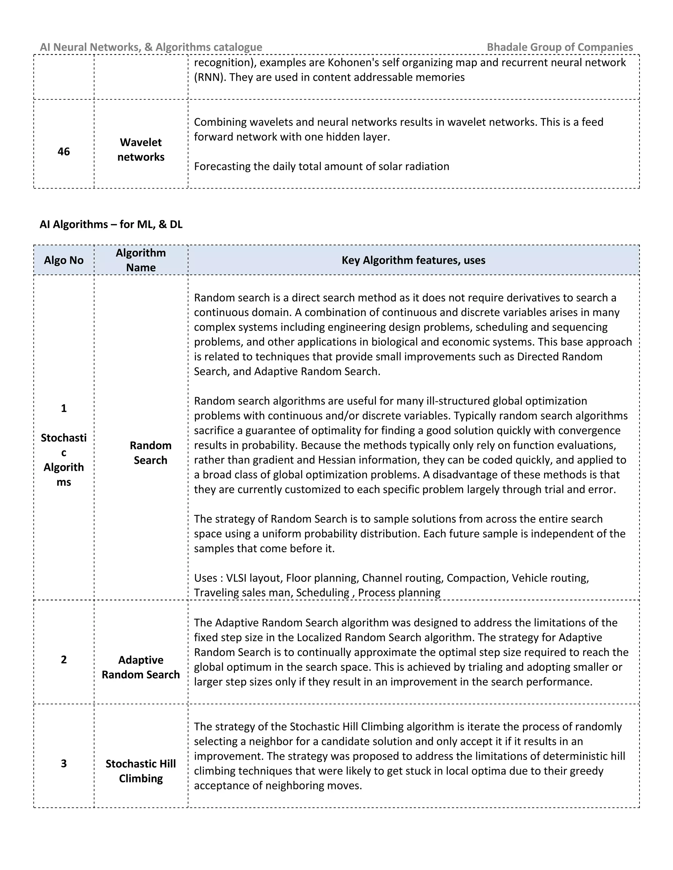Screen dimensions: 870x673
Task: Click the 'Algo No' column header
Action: (x=64, y=260)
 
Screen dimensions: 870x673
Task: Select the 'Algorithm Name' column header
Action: (x=141, y=260)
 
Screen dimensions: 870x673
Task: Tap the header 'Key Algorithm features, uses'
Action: (x=413, y=260)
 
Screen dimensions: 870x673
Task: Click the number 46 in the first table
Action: (x=64, y=151)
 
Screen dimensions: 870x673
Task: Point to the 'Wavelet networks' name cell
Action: (x=141, y=149)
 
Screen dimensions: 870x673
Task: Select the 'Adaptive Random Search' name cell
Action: (x=141, y=667)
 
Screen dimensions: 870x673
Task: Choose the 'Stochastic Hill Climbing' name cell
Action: (x=141, y=771)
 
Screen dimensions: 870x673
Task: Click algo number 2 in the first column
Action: (x=64, y=659)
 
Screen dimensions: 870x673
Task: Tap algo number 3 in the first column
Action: (x=64, y=763)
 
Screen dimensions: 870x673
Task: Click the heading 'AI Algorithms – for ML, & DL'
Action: (x=111, y=224)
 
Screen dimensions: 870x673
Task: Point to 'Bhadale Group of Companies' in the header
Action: (x=560, y=47)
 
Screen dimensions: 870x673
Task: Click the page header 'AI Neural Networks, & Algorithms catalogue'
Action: (x=151, y=47)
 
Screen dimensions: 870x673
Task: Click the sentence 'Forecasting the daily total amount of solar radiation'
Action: (x=321, y=166)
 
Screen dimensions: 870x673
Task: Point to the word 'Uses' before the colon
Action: (x=205, y=578)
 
